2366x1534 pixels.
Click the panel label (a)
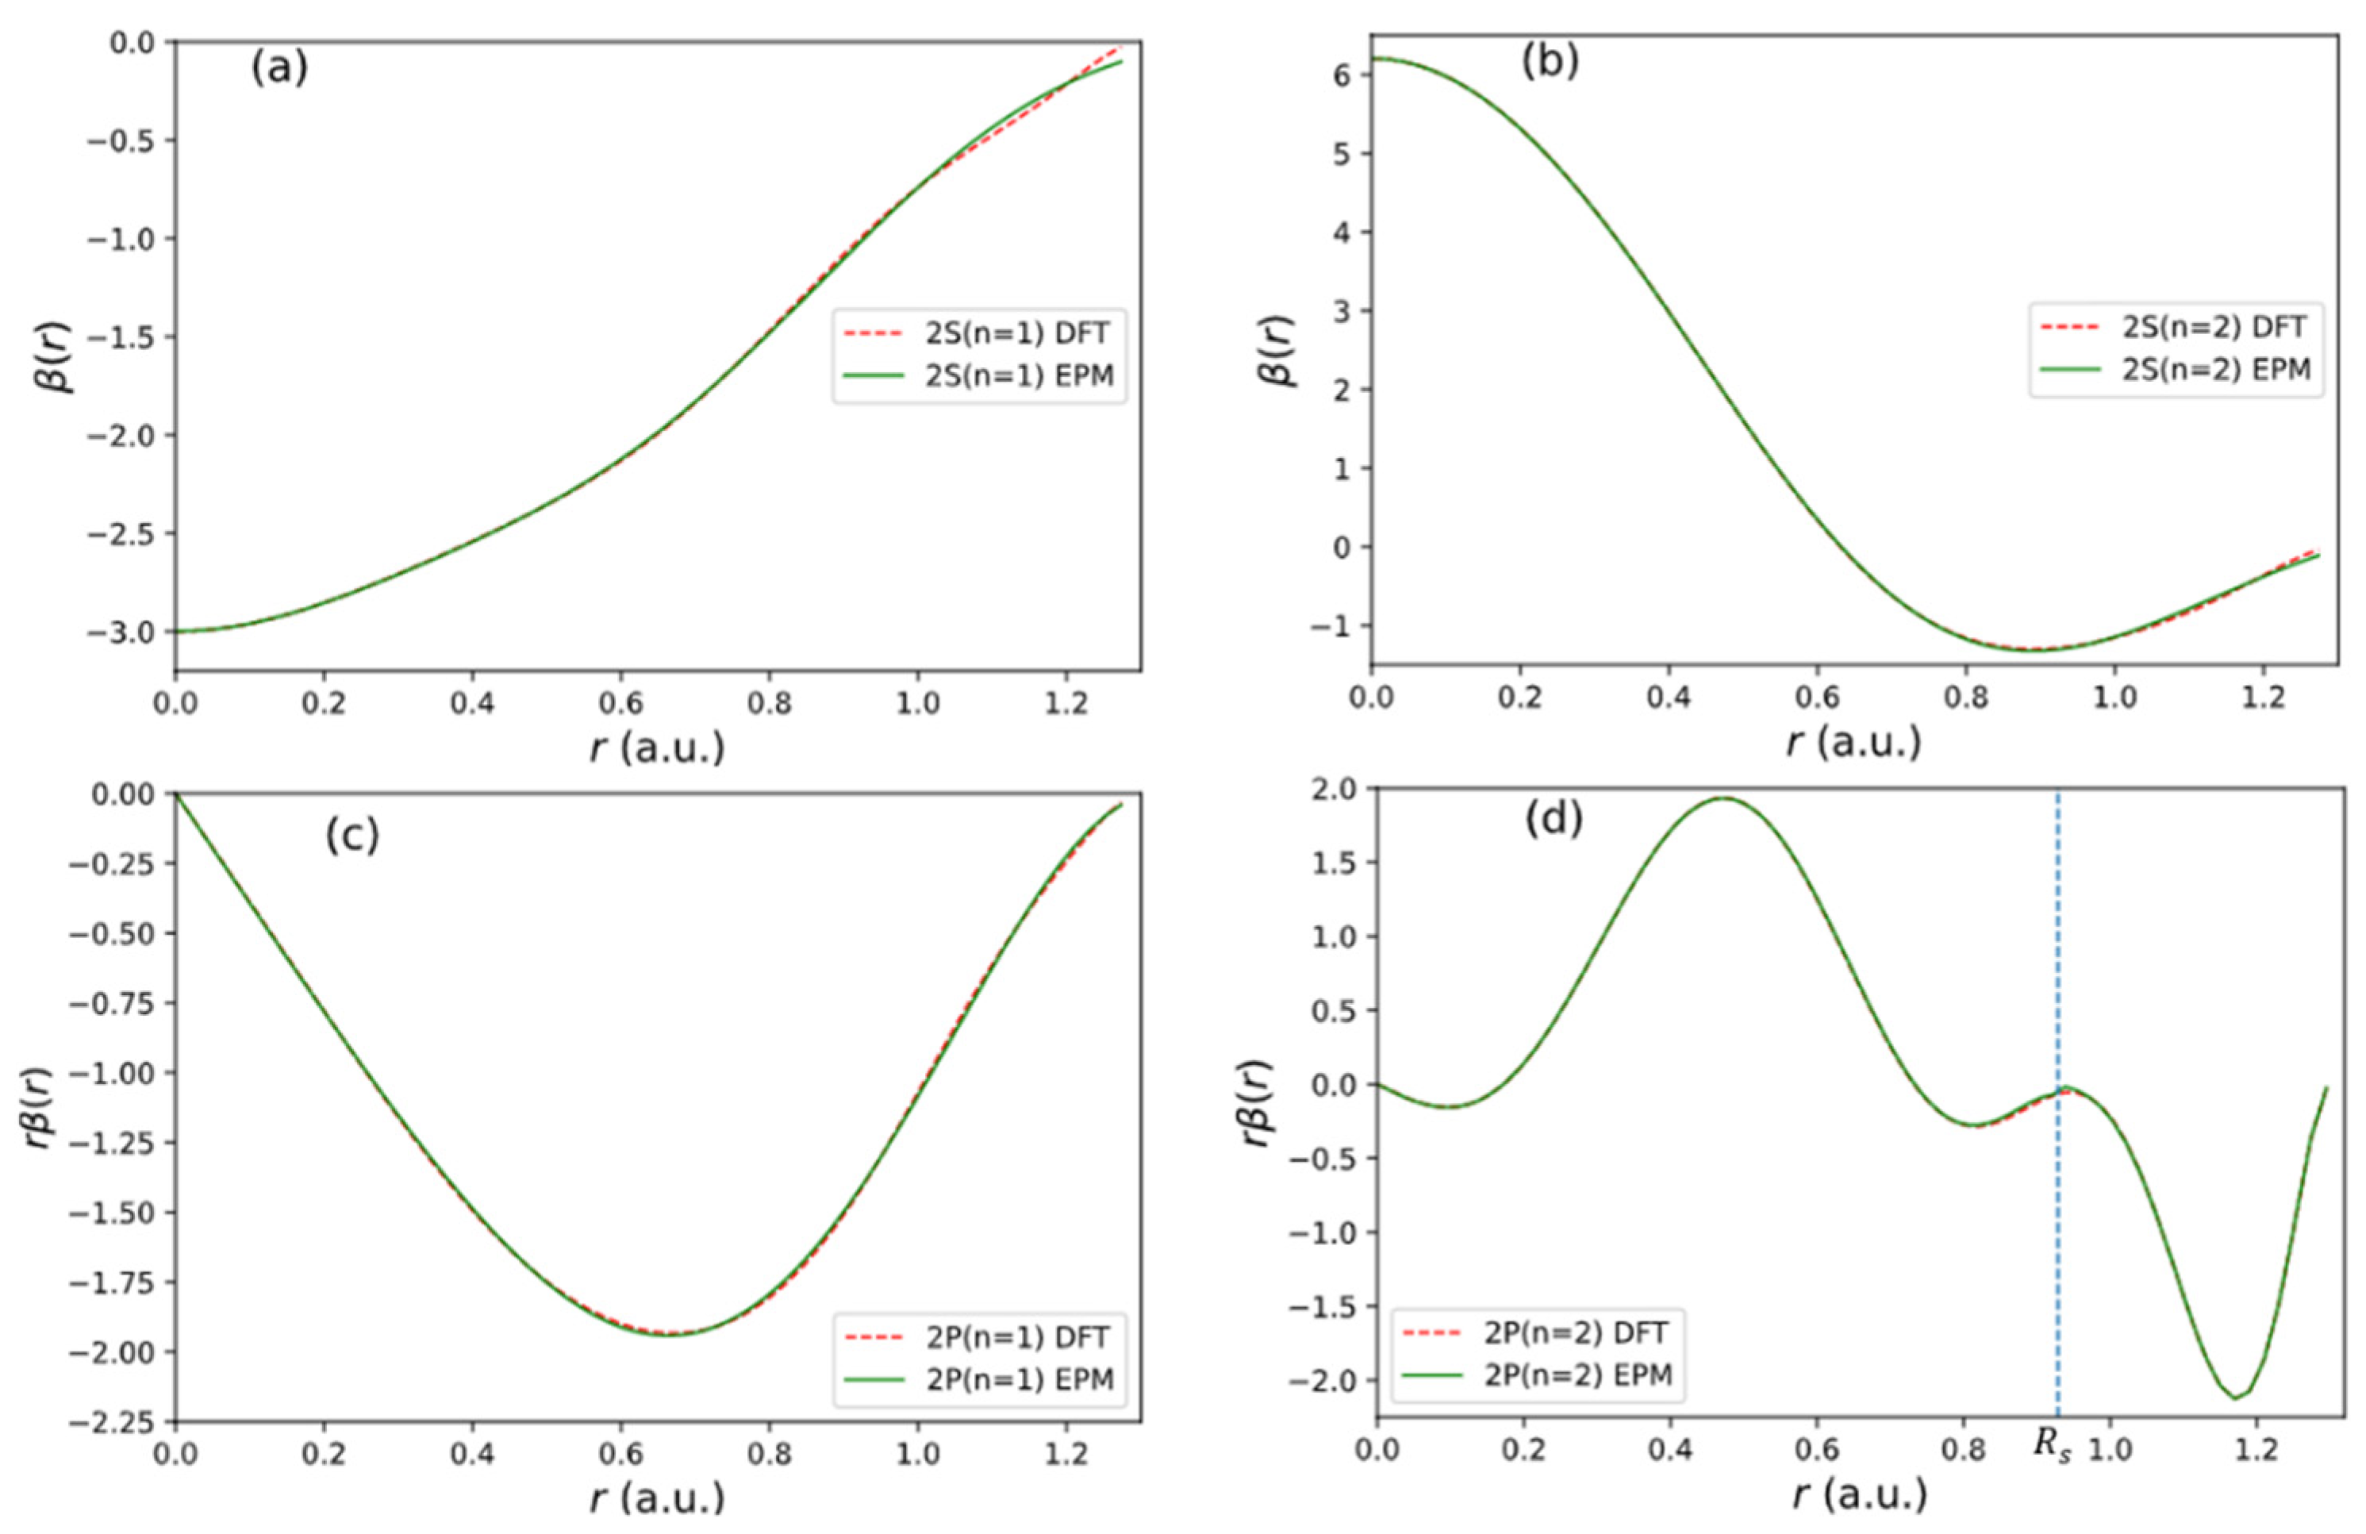278,71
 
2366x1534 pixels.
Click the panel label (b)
1550,62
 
